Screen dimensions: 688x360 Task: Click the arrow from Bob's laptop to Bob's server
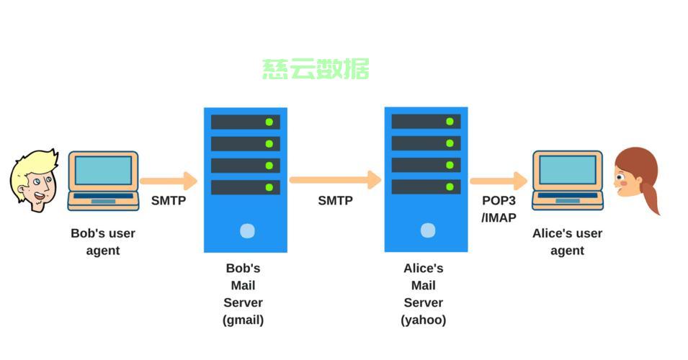tap(169, 181)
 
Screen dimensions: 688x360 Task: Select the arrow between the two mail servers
tap(336, 180)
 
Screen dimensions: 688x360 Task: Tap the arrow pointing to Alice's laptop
tap(499, 181)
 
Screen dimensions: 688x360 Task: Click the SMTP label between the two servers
tap(335, 200)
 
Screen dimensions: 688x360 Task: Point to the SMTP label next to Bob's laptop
tap(169, 200)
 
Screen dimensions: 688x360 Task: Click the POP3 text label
tap(499, 200)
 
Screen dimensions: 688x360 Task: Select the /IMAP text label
tap(499, 217)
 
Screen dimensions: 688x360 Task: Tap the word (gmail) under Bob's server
tap(243, 320)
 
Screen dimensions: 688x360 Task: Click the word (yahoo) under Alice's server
tap(424, 320)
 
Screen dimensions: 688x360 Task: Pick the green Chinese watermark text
tap(316, 69)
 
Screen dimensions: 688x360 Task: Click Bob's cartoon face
tap(35, 181)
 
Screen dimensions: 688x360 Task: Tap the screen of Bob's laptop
tap(103, 171)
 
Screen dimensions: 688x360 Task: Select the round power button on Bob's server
tap(248, 231)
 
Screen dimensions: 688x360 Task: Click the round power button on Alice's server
tap(428, 230)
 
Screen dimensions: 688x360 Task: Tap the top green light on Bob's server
tap(269, 122)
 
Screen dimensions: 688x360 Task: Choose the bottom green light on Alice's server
tap(450, 186)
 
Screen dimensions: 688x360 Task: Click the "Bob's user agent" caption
tap(103, 242)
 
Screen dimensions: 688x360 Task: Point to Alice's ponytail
tap(651, 197)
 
